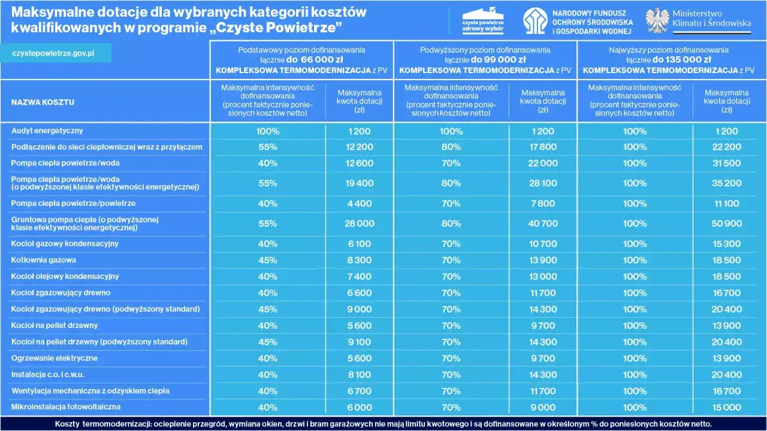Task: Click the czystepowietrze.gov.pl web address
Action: coord(53,53)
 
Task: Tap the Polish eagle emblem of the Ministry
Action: coord(657,20)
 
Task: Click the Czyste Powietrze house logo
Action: coord(482,20)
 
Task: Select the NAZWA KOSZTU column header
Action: coord(43,102)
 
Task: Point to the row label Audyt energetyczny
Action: coord(47,130)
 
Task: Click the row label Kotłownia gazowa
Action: coord(44,260)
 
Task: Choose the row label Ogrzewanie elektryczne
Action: coord(55,359)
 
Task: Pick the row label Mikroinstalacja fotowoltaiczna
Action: coord(66,407)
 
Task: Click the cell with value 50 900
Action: coord(726,224)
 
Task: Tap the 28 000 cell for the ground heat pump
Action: coord(359,224)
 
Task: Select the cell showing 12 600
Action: coord(359,163)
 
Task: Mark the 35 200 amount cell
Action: coord(726,184)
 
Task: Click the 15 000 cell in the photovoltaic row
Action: coord(726,408)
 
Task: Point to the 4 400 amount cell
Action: coord(359,204)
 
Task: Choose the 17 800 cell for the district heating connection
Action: coord(543,147)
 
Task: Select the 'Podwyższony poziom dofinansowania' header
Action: coord(485,50)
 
